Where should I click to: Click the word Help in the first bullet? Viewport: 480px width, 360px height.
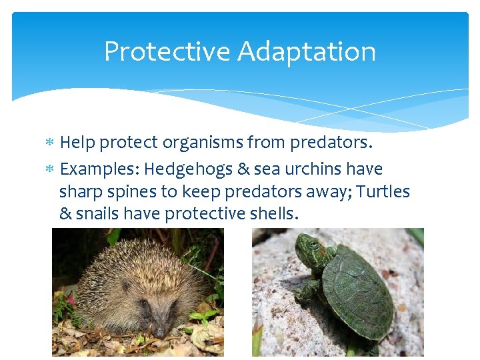pos(76,143)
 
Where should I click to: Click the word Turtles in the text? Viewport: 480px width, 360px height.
pos(383,192)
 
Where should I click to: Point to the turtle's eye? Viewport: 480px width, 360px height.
pos(313,245)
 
